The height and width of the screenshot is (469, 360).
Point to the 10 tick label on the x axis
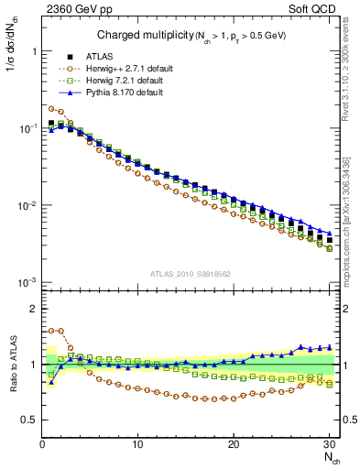pyautogui.click(x=137, y=443)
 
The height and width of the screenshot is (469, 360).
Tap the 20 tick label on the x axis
pyautogui.click(x=234, y=443)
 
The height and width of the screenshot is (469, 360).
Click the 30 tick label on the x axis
pyautogui.click(x=330, y=443)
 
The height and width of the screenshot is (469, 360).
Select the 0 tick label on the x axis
pyautogui.click(x=41, y=443)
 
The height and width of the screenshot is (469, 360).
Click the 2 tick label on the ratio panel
pyautogui.click(x=31, y=309)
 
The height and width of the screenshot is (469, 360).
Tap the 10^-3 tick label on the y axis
pyautogui.click(x=26, y=282)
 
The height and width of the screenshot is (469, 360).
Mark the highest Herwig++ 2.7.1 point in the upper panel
pyautogui.click(x=50, y=108)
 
